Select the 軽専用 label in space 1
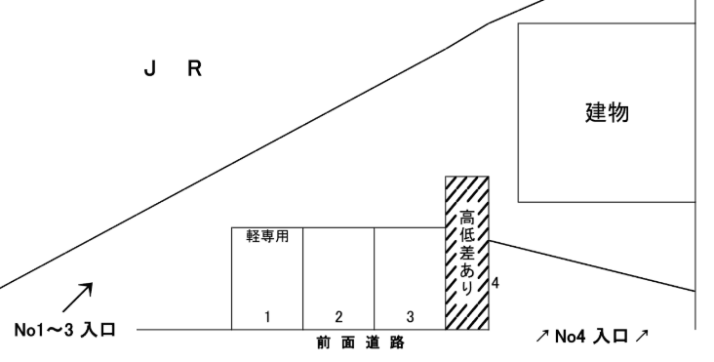266,235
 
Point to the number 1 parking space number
266,316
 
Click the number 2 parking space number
338,316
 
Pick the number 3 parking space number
410,316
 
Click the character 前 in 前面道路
323,343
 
